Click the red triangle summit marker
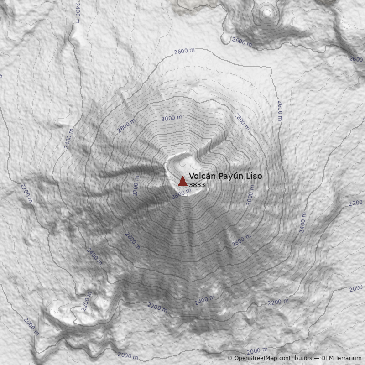click(182, 181)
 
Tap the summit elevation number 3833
click(197, 185)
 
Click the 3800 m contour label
click(181, 193)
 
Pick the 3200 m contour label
click(136, 186)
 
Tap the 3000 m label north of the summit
click(172, 118)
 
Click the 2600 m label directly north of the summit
click(184, 51)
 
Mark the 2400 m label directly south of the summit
click(204, 300)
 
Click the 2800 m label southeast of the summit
click(241, 240)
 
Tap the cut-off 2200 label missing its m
click(356, 203)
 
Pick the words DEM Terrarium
click(338, 358)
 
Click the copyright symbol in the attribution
click(230, 358)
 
